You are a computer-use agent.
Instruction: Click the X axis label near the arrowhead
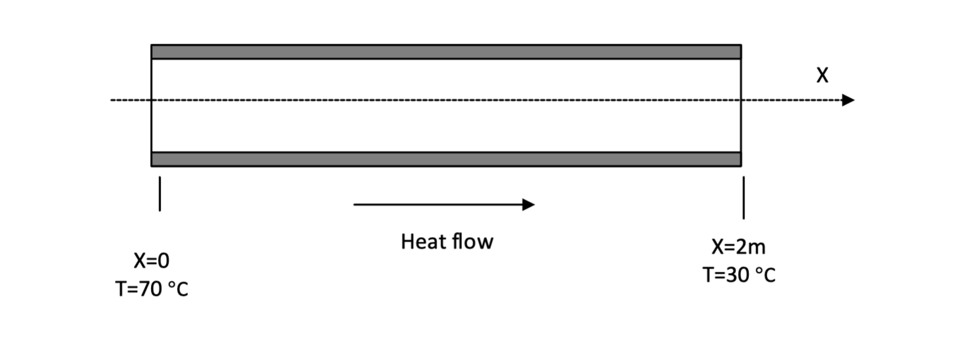pyautogui.click(x=822, y=76)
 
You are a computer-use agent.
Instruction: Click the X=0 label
pyautogui.click(x=152, y=261)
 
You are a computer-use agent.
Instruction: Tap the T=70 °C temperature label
pyautogui.click(x=152, y=287)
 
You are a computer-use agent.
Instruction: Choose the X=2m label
pyautogui.click(x=739, y=248)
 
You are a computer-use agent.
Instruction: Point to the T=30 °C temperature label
pyautogui.click(x=739, y=274)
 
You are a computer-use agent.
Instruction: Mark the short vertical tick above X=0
pyautogui.click(x=159, y=194)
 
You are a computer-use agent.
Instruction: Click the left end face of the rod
pyautogui.click(x=152, y=105)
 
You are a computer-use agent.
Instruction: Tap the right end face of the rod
pyautogui.click(x=740, y=105)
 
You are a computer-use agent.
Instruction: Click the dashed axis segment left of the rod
pyautogui.click(x=131, y=100)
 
